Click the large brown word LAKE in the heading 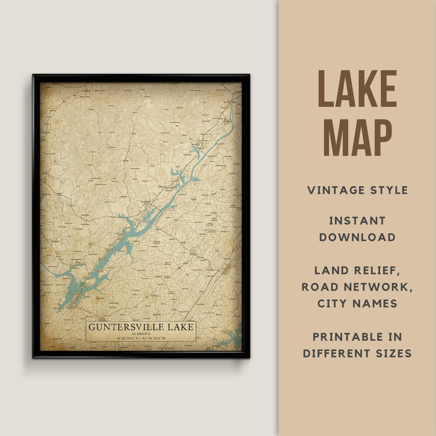pyautogui.click(x=357, y=89)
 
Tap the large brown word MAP pyautogui.click(x=357, y=137)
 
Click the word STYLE pyautogui.click(x=390, y=190)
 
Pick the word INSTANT pyautogui.click(x=357, y=221)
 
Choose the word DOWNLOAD pyautogui.click(x=357, y=237)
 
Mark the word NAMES pyautogui.click(x=377, y=304)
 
